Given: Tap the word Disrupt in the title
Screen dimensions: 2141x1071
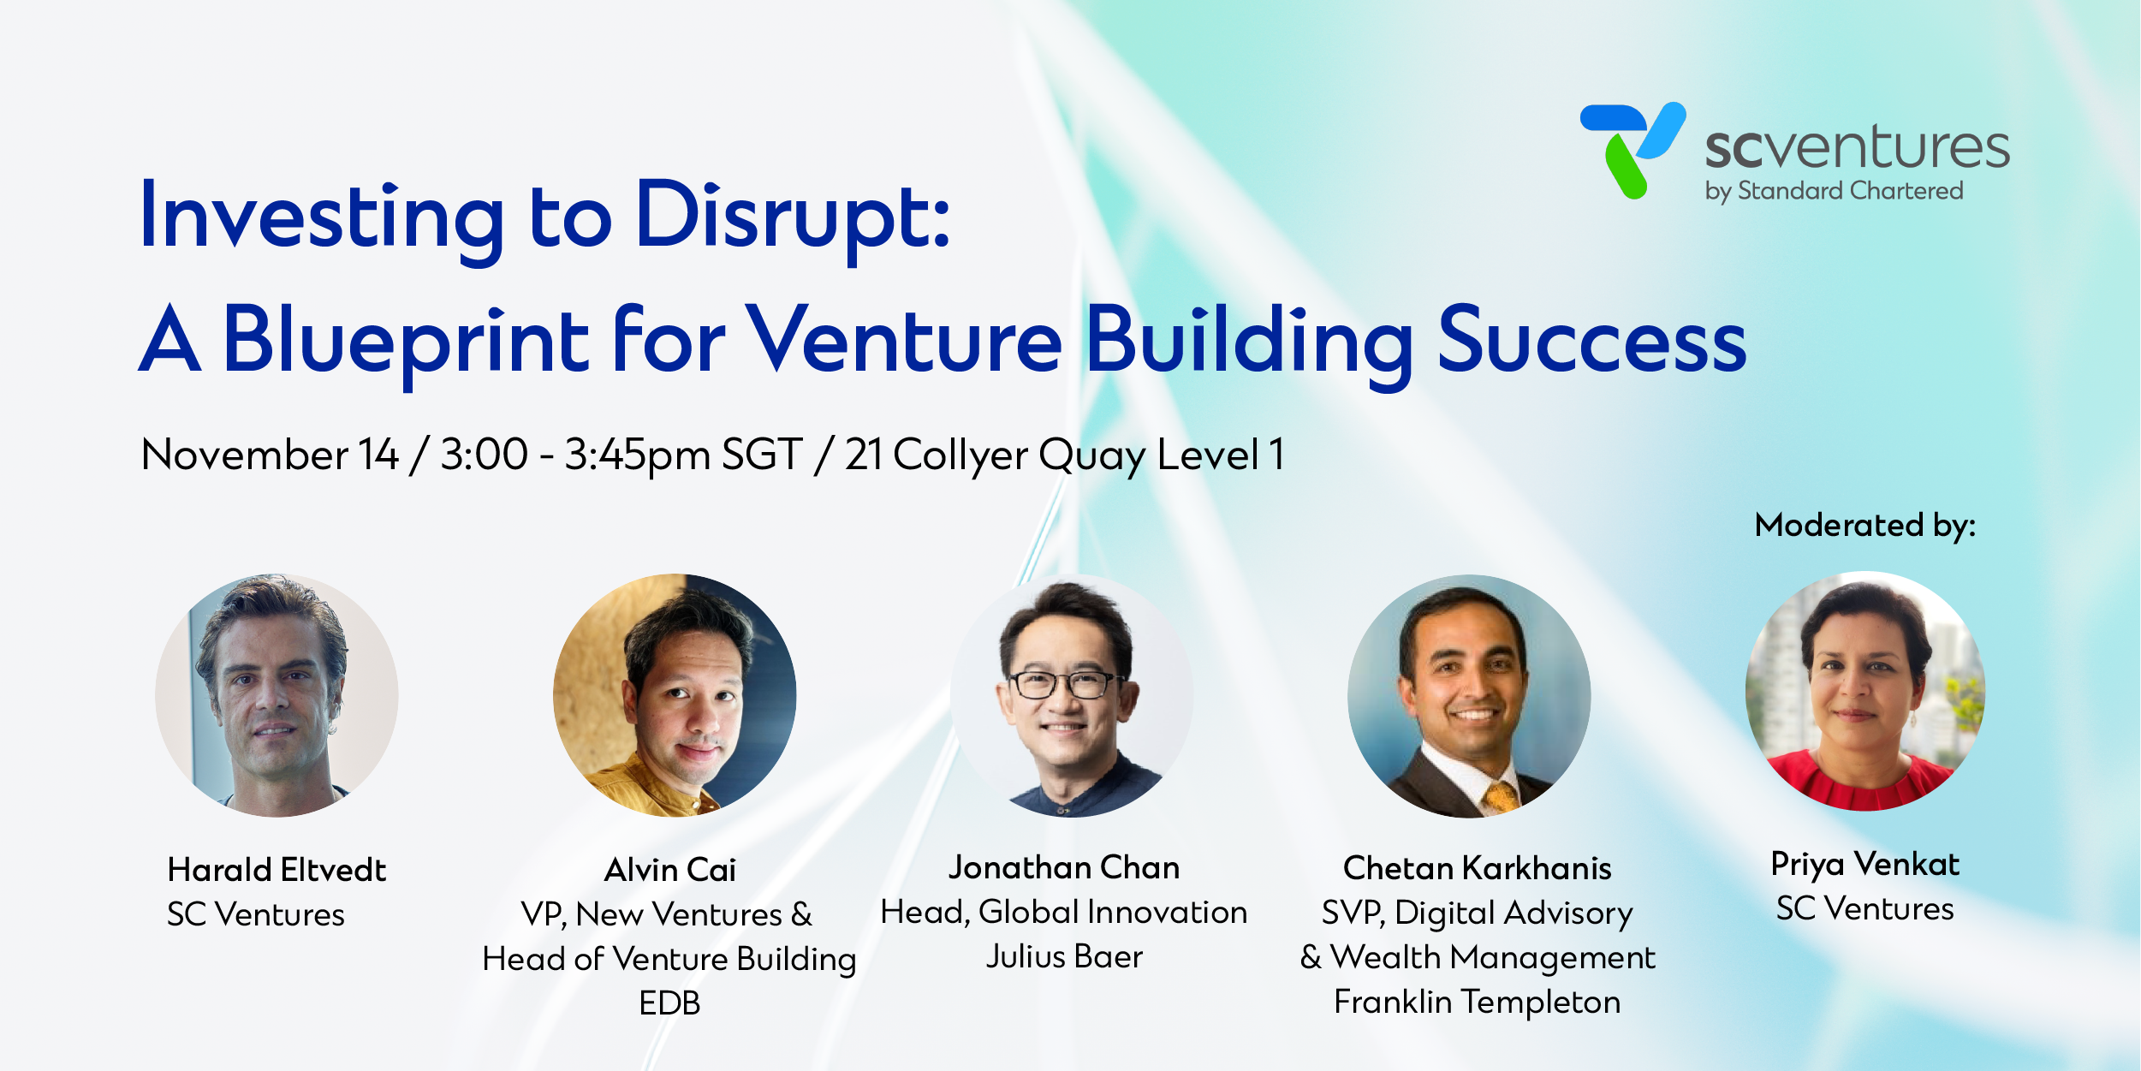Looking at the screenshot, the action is [x=792, y=217].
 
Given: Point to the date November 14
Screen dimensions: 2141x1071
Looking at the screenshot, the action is [x=270, y=455].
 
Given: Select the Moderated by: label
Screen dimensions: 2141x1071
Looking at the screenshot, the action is [x=1865, y=526].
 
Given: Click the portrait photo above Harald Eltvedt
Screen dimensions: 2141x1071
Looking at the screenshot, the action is [x=277, y=695].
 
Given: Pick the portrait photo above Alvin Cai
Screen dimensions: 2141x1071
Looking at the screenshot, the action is [x=675, y=695].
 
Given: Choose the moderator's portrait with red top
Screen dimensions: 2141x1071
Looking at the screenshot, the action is [x=1865, y=691].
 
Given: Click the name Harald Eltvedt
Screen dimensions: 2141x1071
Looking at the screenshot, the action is [x=277, y=870].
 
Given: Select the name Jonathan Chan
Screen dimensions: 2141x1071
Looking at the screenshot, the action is [x=1064, y=867].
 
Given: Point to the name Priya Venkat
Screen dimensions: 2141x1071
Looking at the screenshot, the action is [x=1865, y=865].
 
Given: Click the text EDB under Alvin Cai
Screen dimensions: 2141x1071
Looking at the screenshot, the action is [x=669, y=1003].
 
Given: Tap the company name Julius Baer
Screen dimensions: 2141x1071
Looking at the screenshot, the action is [x=1064, y=956].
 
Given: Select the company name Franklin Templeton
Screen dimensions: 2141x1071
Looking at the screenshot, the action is [x=1478, y=1002].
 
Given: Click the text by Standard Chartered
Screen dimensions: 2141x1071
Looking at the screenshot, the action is [x=1835, y=191].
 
